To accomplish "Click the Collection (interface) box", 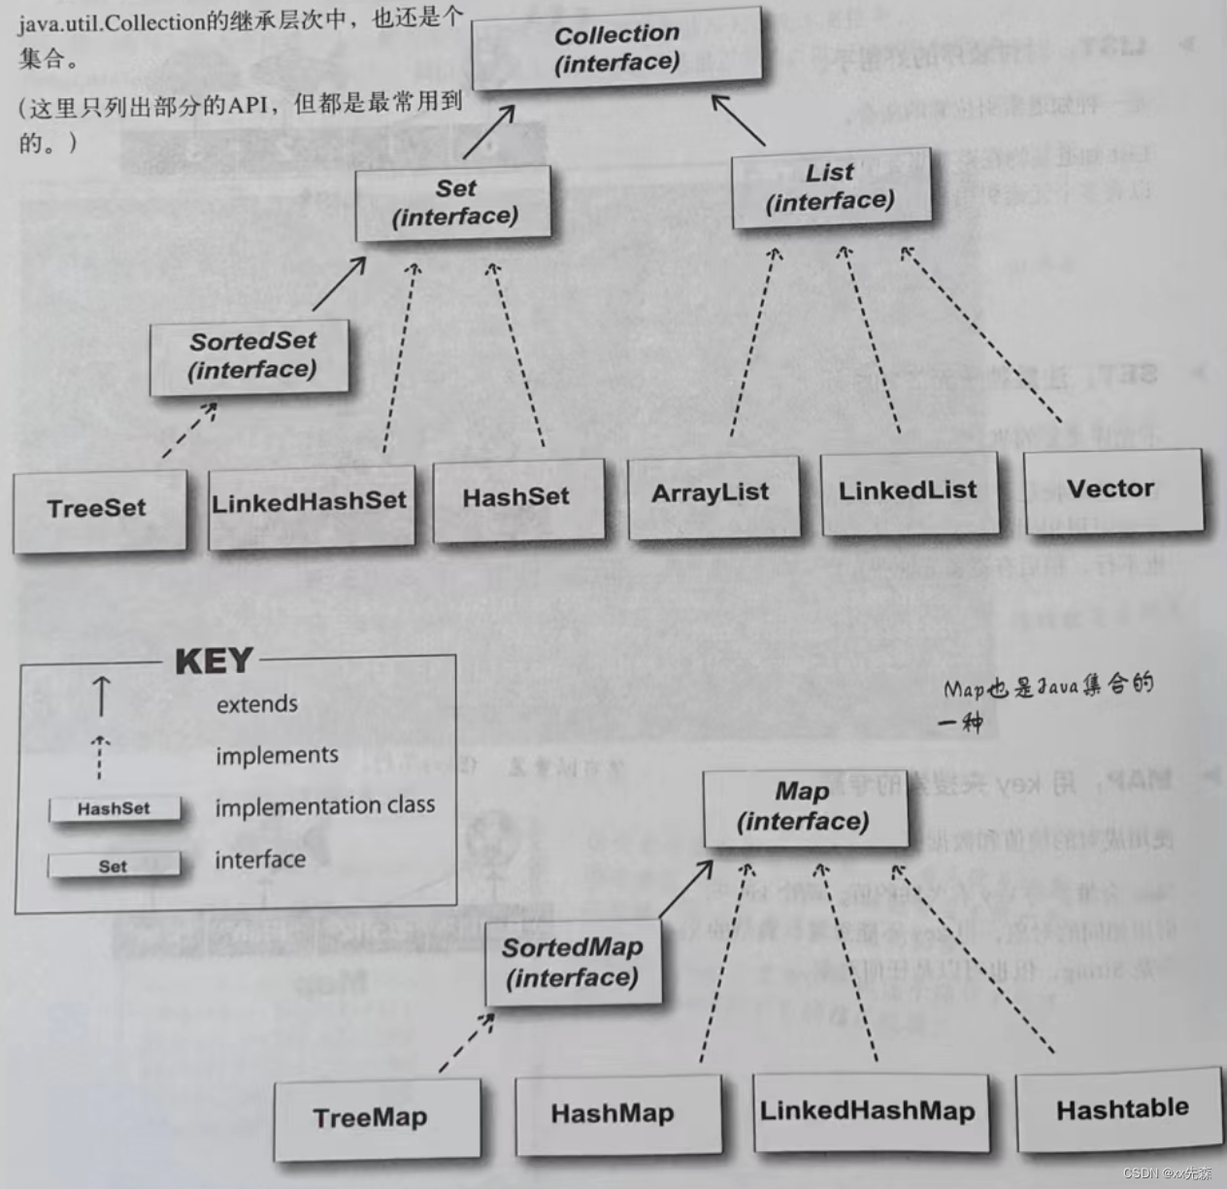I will click(x=616, y=48).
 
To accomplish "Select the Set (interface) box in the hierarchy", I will click(x=453, y=202).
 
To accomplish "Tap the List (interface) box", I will click(x=830, y=187).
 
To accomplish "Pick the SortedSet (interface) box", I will click(x=250, y=356).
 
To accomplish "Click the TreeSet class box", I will click(x=98, y=508).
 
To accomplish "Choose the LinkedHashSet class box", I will click(x=310, y=503).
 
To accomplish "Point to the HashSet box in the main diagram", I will click(x=516, y=497).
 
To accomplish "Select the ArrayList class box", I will click(x=712, y=494).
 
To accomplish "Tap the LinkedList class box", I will click(x=909, y=492).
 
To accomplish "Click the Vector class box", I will click(x=1111, y=489).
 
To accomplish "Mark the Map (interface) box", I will click(x=803, y=807).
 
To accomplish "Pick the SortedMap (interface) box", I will click(x=573, y=963).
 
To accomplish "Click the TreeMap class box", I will click(x=373, y=1118).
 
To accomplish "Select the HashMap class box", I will click(x=614, y=1114).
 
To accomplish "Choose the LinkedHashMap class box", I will click(x=869, y=1111).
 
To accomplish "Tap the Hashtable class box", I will click(x=1121, y=1108).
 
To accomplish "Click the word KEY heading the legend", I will click(x=214, y=662).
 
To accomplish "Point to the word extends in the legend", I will click(x=257, y=704).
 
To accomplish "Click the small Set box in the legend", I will click(x=114, y=866).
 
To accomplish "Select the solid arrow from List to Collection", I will click(x=740, y=120).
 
